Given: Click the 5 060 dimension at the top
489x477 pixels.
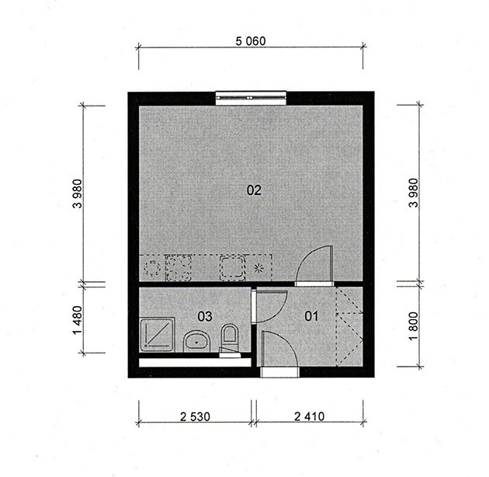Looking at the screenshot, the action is click(251, 41).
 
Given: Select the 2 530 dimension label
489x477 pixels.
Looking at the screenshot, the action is click(196, 416).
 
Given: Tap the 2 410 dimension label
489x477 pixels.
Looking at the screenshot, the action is click(310, 416).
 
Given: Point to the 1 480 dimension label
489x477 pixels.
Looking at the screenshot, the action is click(78, 320).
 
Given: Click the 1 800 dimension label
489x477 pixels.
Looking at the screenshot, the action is click(413, 326).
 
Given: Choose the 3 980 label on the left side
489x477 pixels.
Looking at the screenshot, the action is click(78, 193).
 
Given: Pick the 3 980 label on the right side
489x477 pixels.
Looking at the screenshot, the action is click(413, 193).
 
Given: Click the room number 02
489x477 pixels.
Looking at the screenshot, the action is click(254, 190).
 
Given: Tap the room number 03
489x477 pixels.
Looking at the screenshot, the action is click(205, 316).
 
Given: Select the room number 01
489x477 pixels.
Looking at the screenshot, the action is click(311, 316).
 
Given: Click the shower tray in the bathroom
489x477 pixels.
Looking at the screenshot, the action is click(157, 334).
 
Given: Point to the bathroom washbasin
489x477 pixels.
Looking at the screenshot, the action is click(197, 341).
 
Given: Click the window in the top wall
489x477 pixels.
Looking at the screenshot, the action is click(251, 98).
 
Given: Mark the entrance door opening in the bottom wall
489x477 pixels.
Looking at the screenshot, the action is click(279, 372).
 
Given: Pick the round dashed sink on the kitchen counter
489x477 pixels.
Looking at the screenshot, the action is click(152, 268).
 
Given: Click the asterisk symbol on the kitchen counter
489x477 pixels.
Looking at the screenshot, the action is click(258, 268).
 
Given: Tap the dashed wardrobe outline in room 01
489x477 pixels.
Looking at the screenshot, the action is click(349, 326).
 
